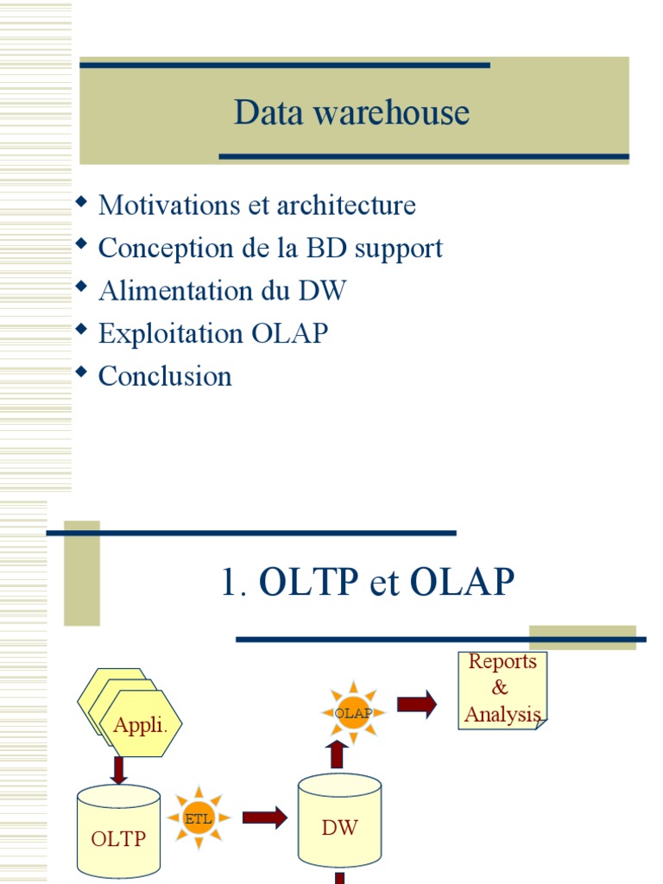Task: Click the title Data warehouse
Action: coord(351,113)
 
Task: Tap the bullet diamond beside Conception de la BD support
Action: coord(82,244)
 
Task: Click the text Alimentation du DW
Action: coord(222,291)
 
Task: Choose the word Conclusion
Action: coord(165,376)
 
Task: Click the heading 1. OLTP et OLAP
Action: coord(368,584)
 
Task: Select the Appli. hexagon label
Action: coord(140,726)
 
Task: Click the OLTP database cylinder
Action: coord(118,830)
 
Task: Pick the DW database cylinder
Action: coord(339,821)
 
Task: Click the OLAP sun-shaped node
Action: coord(352,712)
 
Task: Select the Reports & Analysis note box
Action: coord(502,690)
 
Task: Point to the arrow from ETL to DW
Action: coord(264,818)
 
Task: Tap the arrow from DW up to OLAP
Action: coord(337,755)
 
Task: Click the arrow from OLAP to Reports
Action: coord(417,704)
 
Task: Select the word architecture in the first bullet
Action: coord(347,205)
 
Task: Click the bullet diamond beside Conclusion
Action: coord(82,372)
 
